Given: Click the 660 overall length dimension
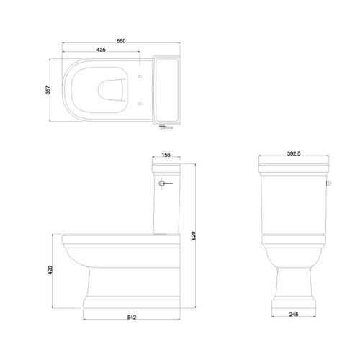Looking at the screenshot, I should [121, 41].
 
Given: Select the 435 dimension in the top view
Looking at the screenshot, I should [101, 50].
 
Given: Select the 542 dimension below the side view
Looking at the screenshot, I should [131, 316].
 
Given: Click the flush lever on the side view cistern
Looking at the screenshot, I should [166, 184].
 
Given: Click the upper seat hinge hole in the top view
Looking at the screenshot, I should [137, 73].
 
